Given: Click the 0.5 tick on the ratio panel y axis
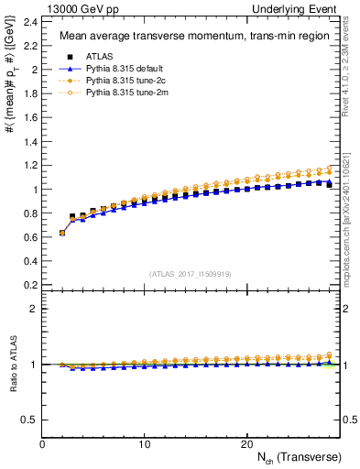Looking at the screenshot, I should [x=30, y=420].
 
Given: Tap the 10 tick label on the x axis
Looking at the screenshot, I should [x=145, y=444].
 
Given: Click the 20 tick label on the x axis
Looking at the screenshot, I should [x=246, y=444].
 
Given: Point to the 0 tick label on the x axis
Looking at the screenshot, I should [x=43, y=444].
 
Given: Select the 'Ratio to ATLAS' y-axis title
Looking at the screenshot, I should [x=10, y=365].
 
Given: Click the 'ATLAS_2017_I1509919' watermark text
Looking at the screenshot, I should [x=191, y=273].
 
